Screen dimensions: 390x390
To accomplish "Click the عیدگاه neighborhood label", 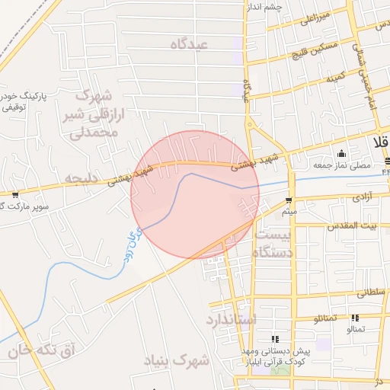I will pyautogui.click(x=200, y=45).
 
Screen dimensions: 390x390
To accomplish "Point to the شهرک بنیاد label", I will pyautogui.click(x=180, y=360).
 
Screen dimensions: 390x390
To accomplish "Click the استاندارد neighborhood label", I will pyautogui.click(x=231, y=318).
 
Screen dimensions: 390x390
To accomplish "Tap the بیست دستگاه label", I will pyautogui.click(x=273, y=243).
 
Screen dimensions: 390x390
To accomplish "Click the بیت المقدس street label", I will pyautogui.click(x=353, y=226).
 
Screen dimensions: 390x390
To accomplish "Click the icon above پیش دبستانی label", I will pyautogui.click(x=275, y=338).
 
